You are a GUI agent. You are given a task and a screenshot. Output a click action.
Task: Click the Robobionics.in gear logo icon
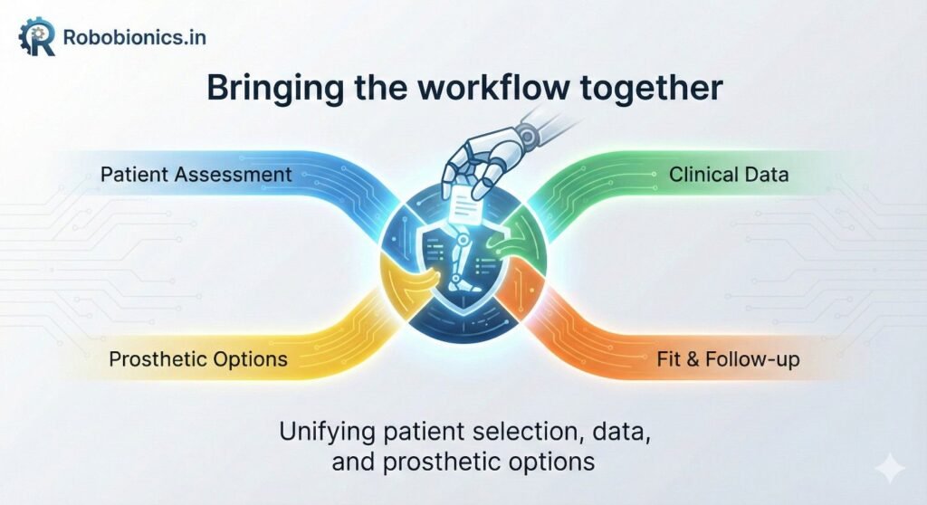coord(37,37)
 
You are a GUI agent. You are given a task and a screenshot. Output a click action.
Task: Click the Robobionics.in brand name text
coord(133,38)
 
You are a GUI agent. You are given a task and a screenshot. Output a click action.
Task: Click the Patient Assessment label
coord(196,174)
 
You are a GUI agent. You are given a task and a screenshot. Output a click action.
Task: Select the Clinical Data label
coord(729,174)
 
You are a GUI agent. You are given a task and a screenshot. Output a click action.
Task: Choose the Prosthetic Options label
coord(198,359)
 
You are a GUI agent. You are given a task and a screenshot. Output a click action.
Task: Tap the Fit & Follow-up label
coord(728,359)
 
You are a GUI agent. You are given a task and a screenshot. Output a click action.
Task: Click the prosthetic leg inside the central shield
coord(460,267)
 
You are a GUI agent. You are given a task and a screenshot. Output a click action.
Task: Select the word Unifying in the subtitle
coord(318,431)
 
